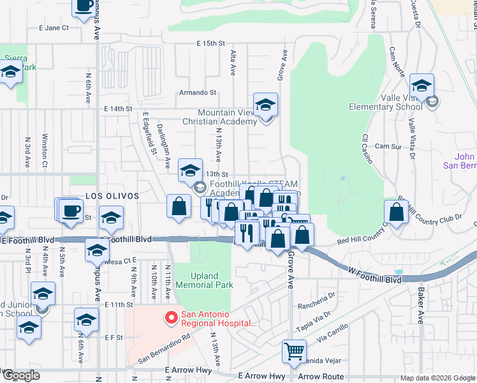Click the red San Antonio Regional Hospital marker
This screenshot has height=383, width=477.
coord(171,317)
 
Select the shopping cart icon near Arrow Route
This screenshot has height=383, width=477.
coord(294,351)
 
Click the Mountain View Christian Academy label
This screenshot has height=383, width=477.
coord(218,116)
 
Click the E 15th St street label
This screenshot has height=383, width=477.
coord(211,43)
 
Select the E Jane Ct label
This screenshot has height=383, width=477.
coord(54,28)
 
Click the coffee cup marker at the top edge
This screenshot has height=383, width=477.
coord(84,7)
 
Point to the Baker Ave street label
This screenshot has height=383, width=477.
coord(421,307)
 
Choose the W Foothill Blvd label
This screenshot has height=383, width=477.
coord(375,279)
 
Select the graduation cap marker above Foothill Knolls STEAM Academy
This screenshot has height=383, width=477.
coord(189,170)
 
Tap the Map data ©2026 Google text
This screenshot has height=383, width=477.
coord(437,378)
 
